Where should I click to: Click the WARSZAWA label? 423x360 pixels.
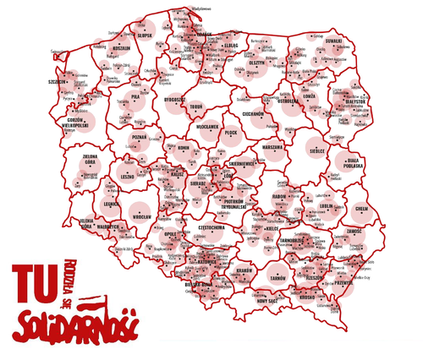[x=272, y=147]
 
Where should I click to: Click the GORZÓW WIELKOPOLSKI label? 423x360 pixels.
[x=68, y=124]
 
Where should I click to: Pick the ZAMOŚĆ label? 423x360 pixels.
[x=354, y=231]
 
